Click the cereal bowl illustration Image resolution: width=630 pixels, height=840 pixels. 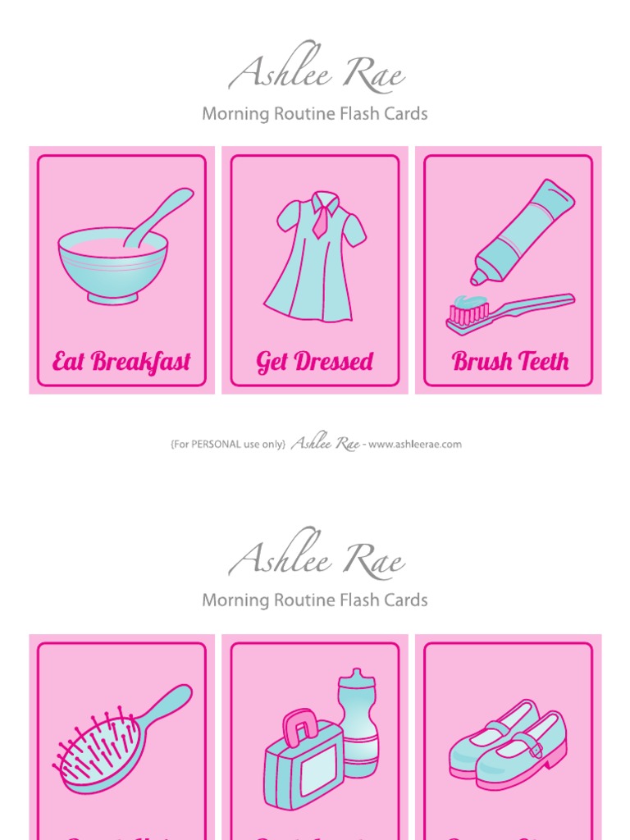pos(112,264)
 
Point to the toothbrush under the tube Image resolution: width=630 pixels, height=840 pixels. pos(509,312)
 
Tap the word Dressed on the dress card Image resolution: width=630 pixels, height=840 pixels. pos(336,362)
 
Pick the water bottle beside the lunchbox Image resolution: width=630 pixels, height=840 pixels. pos(358,722)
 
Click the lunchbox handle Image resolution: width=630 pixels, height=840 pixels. pos(299,727)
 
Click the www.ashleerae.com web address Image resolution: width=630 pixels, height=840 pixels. pos(415,445)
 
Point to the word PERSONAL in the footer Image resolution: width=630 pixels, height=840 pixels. pos(218,445)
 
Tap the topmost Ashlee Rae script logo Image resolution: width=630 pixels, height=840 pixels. pos(316,75)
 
